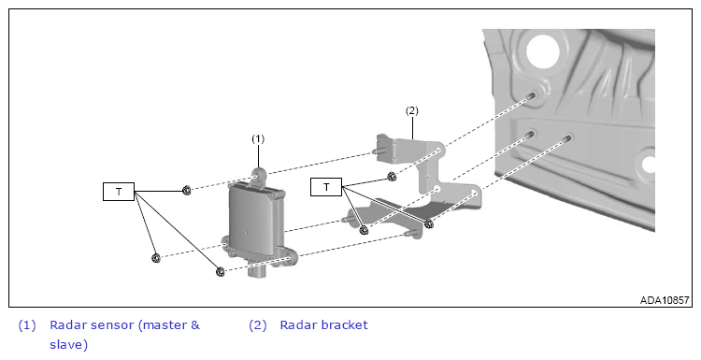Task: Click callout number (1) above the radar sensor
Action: (x=258, y=139)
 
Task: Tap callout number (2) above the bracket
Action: (x=412, y=110)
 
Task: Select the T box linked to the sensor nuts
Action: (x=119, y=192)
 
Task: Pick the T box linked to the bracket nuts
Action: (x=326, y=186)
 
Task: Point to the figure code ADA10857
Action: (x=665, y=300)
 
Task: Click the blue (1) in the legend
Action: (x=27, y=325)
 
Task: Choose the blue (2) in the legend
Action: (x=258, y=325)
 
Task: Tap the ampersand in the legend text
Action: (x=195, y=325)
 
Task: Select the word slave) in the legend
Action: (x=69, y=345)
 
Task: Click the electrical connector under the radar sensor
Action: (x=259, y=271)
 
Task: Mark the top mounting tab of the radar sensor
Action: (x=259, y=175)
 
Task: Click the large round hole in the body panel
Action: (x=543, y=51)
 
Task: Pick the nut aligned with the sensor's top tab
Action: (x=187, y=191)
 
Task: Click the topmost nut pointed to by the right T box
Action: (x=392, y=177)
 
